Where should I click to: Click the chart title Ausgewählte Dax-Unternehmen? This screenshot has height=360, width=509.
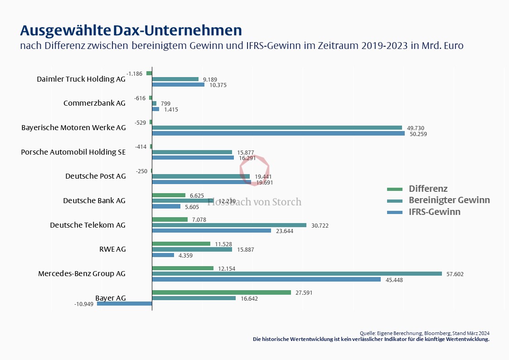coord(131,30)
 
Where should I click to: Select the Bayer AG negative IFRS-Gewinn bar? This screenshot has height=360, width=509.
coord(124,304)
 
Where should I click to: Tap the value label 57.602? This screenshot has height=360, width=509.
coord(455,274)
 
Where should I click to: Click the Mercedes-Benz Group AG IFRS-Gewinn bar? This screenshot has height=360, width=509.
coord(266,280)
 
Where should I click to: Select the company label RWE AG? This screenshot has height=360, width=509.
coord(112,249)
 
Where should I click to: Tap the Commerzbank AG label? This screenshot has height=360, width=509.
coord(94,103)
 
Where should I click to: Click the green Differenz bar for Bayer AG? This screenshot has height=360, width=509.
coord(221,292)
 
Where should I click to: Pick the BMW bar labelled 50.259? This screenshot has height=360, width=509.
coord(278,133)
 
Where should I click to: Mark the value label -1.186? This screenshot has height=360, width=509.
coord(135,73)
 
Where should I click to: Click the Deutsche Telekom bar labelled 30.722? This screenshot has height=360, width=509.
coord(229,225)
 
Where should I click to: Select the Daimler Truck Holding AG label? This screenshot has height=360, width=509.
coord(81,79)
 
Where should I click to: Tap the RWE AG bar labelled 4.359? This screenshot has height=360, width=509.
coord(163,255)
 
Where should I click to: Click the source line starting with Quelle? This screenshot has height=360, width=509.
coord(424,333)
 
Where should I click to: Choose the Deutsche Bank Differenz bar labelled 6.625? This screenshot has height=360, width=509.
coord(169,195)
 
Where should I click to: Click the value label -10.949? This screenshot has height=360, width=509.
coord(83,304)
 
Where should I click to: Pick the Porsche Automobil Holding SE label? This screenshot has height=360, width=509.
coord(73,152)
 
